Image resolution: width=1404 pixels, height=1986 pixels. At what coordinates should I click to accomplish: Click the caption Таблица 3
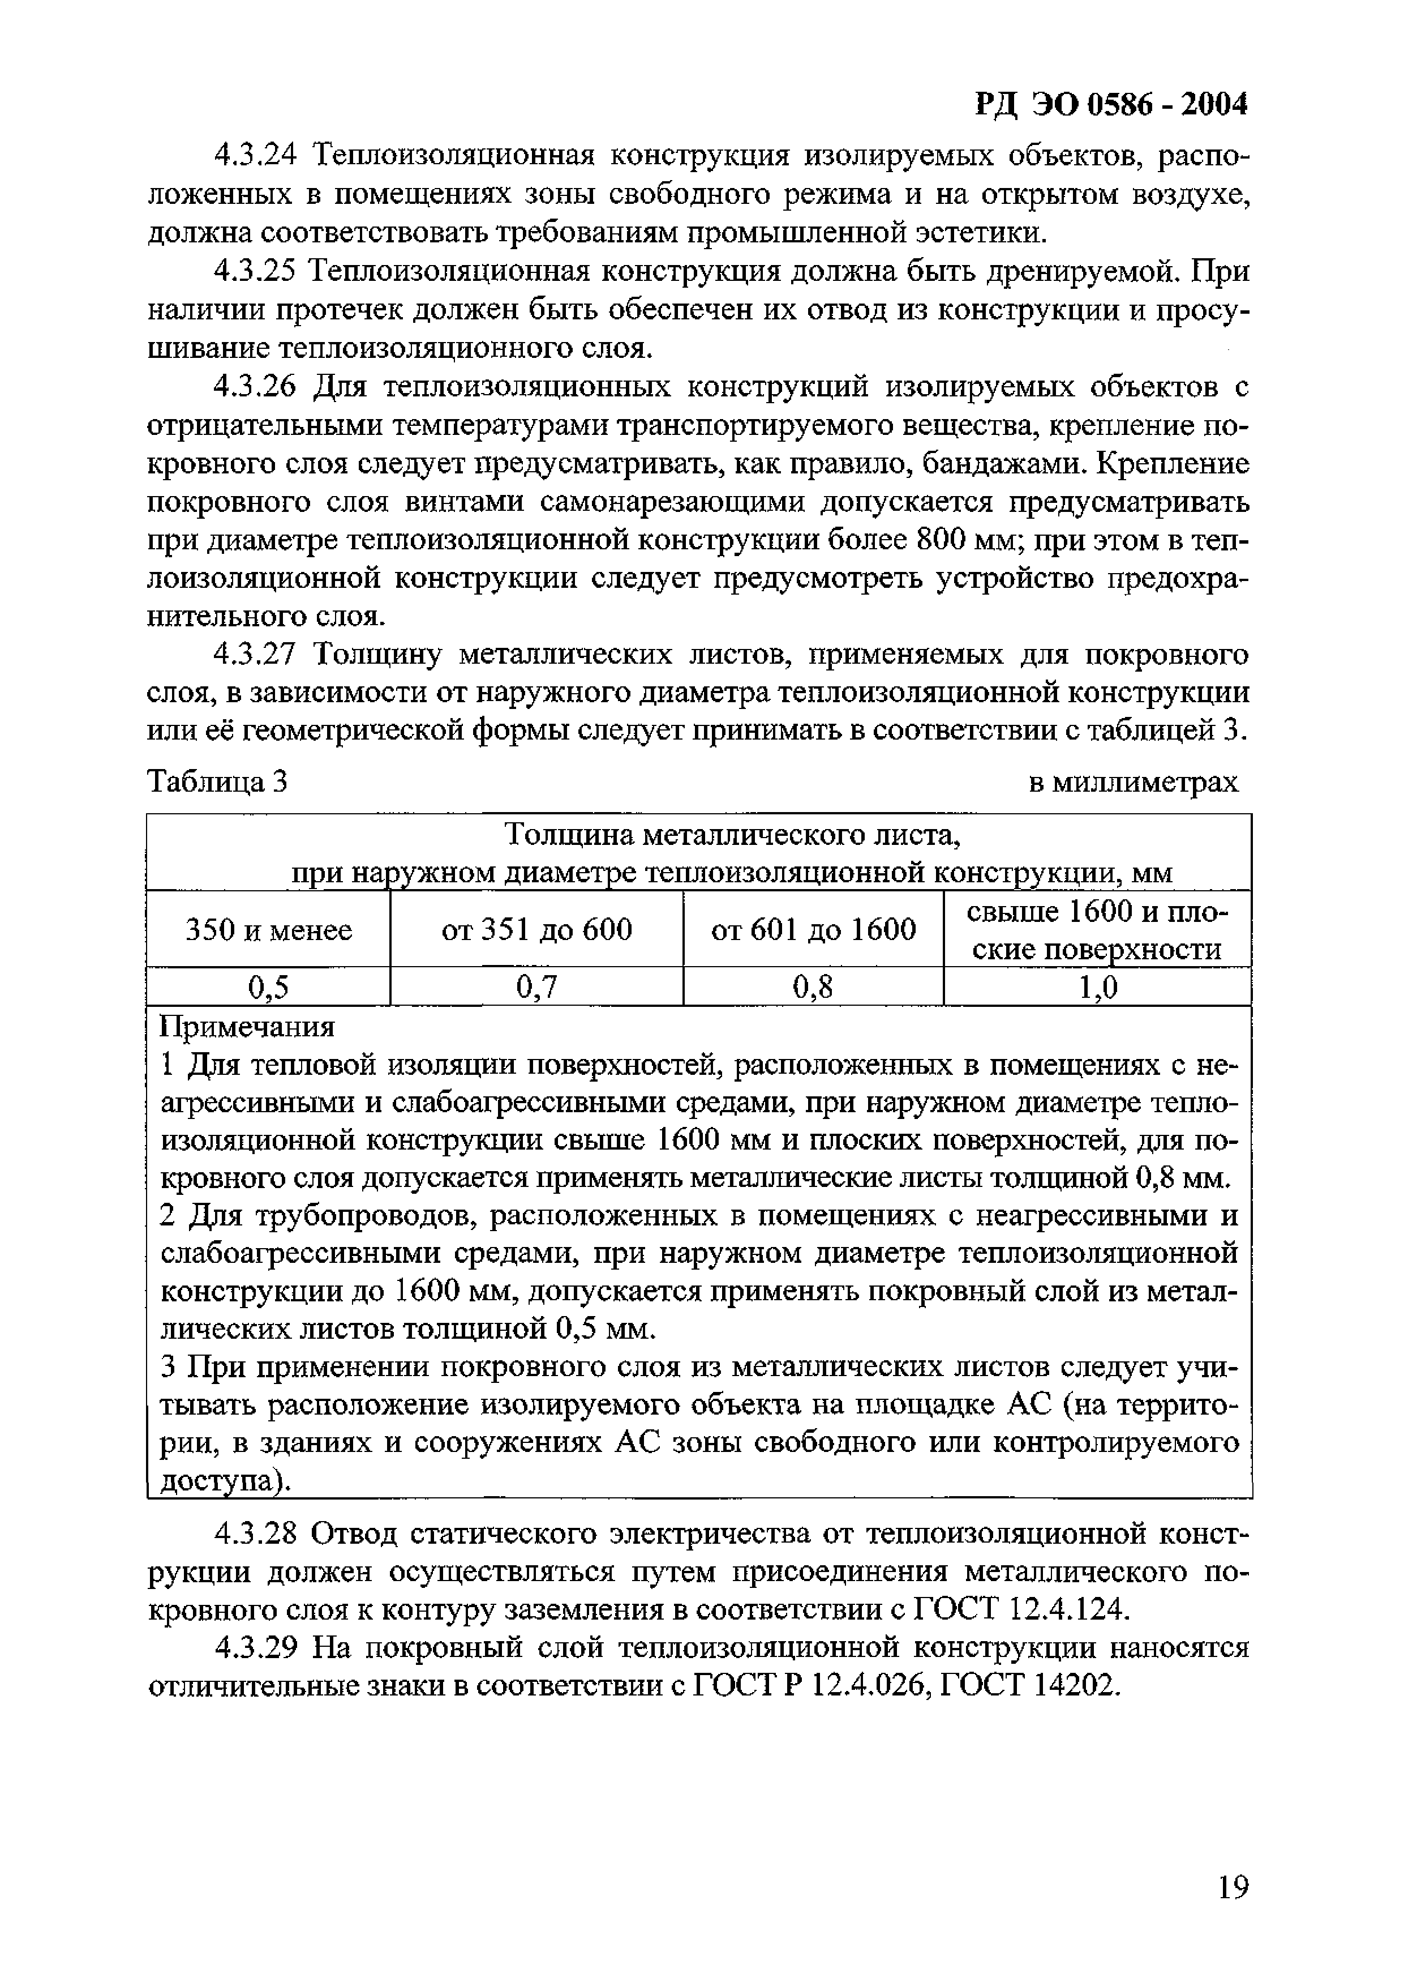point(217,782)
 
